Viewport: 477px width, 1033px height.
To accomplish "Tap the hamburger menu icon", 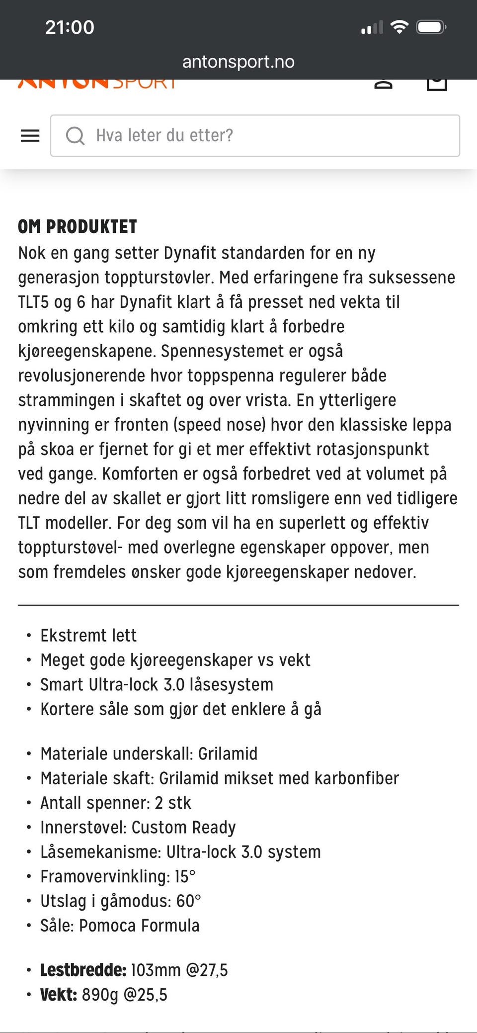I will point(30,136).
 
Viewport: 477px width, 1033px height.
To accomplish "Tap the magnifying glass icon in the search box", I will point(75,136).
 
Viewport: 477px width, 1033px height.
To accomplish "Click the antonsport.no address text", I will point(238,62).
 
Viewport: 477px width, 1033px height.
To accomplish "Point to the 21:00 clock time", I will point(70,27).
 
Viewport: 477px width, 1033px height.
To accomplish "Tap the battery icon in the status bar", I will point(431,27).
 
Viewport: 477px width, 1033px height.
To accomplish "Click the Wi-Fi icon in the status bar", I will point(399,27).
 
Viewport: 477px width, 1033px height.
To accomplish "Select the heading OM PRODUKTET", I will point(78,227).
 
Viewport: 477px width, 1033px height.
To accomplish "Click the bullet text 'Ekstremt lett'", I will point(88,636).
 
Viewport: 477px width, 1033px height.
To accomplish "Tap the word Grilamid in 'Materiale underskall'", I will point(228,754).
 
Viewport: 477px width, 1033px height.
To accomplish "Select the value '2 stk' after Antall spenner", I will point(173,803).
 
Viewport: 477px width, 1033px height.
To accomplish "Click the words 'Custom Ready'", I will point(183,828).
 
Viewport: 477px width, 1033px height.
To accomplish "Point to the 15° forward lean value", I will point(185,877).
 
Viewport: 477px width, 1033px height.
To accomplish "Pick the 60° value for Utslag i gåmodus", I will point(188,901).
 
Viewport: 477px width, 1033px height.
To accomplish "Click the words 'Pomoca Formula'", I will point(139,926).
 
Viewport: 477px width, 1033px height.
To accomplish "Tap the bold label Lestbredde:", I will point(83,970).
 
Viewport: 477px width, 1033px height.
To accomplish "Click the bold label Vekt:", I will point(59,995).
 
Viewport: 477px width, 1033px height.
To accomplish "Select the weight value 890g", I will point(100,995).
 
